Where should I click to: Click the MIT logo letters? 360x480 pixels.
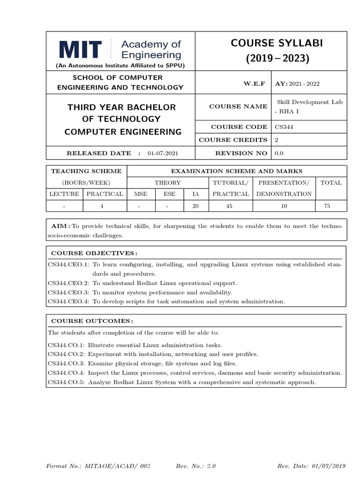(x=80, y=50)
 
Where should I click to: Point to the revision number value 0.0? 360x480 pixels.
(x=279, y=153)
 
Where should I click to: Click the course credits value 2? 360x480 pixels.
(x=277, y=140)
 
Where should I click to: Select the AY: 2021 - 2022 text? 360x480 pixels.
(x=297, y=83)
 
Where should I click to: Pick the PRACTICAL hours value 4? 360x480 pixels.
(x=102, y=206)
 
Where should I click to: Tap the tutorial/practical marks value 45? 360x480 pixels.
(x=230, y=206)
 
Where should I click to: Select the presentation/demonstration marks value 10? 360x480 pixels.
(x=284, y=206)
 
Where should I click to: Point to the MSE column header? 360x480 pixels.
(x=141, y=194)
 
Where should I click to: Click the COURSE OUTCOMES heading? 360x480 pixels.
(x=92, y=321)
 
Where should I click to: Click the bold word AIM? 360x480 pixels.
(x=59, y=226)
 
